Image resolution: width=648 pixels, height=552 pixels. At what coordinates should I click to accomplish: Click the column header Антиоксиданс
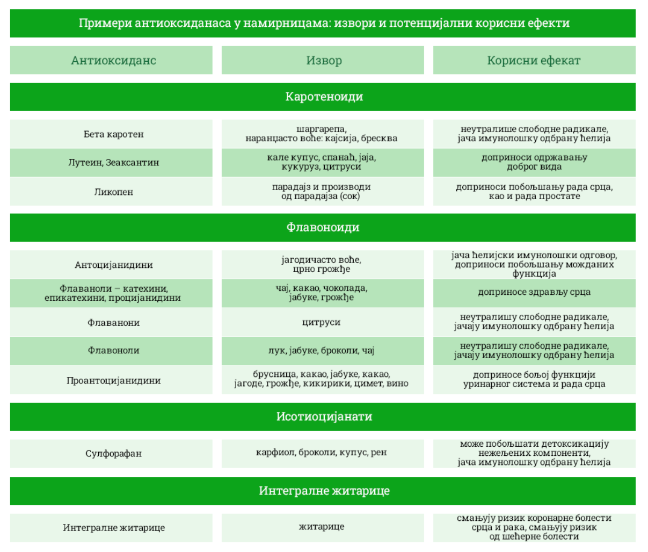pyautogui.click(x=113, y=60)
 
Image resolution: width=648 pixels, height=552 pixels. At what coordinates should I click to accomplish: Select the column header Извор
pyautogui.click(x=323, y=60)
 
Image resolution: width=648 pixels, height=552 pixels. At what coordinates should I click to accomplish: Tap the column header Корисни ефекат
pyautogui.click(x=534, y=60)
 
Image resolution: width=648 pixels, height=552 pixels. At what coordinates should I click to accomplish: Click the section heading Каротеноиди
pyautogui.click(x=324, y=97)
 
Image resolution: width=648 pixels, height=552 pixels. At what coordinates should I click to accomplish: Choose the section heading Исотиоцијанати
pyautogui.click(x=324, y=417)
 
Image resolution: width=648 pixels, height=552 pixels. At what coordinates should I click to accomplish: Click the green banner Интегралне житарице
pyautogui.click(x=324, y=491)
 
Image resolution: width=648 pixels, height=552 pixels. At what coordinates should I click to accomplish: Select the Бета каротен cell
pyautogui.click(x=113, y=134)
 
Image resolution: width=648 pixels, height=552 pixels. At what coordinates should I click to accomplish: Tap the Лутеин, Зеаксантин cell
pyautogui.click(x=113, y=162)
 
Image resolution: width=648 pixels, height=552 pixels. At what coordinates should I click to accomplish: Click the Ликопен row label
pyautogui.click(x=113, y=192)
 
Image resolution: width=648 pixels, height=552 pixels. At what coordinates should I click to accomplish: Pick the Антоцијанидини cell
pyautogui.click(x=113, y=265)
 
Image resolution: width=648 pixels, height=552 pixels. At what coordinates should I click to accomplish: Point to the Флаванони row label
pyautogui.click(x=113, y=323)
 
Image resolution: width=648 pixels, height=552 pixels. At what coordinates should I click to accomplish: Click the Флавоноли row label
pyautogui.click(x=113, y=350)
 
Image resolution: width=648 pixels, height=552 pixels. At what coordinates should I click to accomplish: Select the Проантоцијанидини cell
pyautogui.click(x=113, y=380)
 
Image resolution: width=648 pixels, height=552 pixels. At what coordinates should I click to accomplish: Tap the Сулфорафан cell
pyautogui.click(x=113, y=453)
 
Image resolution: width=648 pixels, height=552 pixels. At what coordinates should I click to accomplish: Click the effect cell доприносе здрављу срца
pyautogui.click(x=534, y=292)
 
